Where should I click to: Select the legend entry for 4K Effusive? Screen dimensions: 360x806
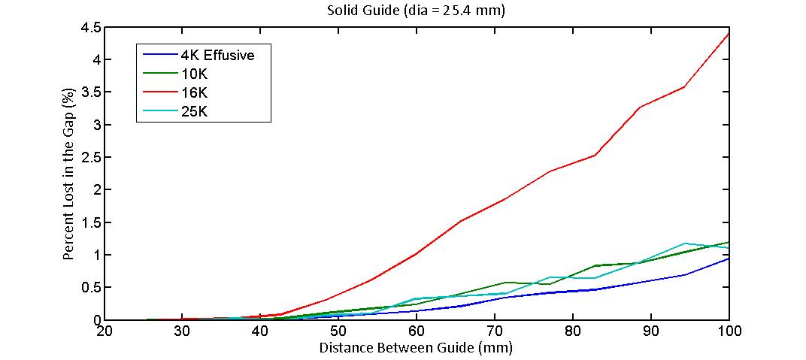[217, 55]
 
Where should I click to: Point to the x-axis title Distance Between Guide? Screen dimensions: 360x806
[416, 348]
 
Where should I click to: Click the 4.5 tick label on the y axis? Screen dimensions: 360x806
[89, 28]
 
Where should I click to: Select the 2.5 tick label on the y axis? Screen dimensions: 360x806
[89, 158]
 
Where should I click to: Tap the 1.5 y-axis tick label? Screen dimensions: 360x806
[89, 223]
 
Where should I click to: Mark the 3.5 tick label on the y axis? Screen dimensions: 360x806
[89, 92]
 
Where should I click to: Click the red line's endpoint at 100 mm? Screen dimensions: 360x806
[729, 33]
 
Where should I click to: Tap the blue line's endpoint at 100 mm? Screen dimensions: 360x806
[729, 259]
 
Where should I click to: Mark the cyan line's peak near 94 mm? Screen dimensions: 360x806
[685, 244]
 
